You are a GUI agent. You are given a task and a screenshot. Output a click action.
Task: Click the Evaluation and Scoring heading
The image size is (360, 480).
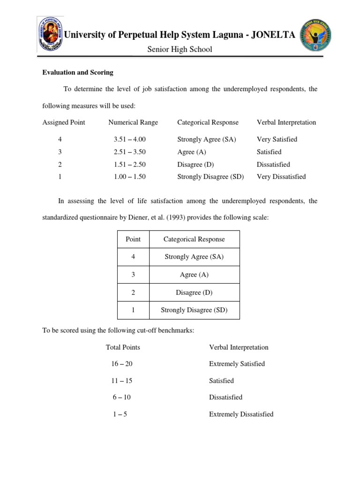coord(78,73)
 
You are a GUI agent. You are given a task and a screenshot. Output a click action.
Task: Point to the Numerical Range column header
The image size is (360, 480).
coord(133,122)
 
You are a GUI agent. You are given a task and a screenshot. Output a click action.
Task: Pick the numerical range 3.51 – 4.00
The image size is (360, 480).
coord(130,139)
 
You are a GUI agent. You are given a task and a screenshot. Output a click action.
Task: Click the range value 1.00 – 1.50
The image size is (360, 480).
coord(130,177)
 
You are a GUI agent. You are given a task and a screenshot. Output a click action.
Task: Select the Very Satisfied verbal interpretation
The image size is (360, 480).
coord(277,139)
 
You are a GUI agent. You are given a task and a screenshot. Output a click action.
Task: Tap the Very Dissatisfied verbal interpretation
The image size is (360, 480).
coord(281,177)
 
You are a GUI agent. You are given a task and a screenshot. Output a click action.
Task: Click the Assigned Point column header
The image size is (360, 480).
coord(64,122)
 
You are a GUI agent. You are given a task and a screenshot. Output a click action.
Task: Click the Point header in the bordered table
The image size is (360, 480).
coord(133,239)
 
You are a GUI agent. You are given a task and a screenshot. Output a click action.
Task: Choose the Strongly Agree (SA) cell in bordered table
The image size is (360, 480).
coord(194,256)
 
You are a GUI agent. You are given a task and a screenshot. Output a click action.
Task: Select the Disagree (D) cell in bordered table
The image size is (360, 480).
coord(194,292)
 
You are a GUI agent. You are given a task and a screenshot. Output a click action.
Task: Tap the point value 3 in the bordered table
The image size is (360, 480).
coord(133,275)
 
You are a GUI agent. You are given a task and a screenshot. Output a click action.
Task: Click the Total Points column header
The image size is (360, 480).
coord(123,347)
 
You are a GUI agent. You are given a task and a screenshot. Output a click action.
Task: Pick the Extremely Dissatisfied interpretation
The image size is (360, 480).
coord(241,414)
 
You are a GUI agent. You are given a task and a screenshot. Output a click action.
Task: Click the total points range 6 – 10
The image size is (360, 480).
coord(121,397)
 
